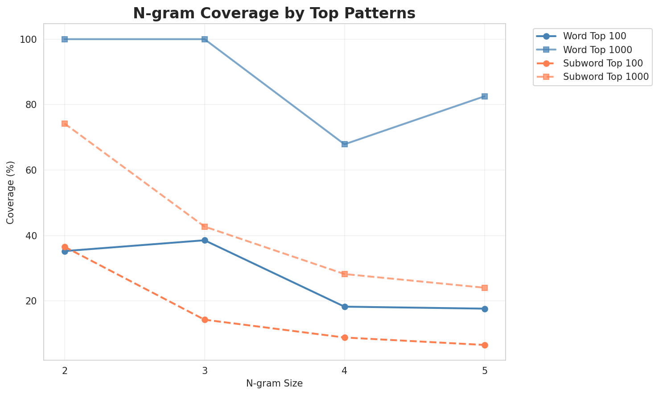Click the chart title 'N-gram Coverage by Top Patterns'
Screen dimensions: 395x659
pyautogui.click(x=274, y=13)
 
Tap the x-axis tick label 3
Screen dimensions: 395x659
pyautogui.click(x=205, y=371)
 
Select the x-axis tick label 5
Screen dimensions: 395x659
pyautogui.click(x=485, y=371)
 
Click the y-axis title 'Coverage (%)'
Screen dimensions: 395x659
pyautogui.click(x=10, y=192)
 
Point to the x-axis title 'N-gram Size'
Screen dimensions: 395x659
pyautogui.click(x=274, y=384)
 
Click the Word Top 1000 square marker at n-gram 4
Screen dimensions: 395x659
pyautogui.click(x=345, y=144)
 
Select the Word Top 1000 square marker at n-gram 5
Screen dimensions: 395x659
pyautogui.click(x=485, y=96)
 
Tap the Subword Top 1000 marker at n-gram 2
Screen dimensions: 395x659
pyautogui.click(x=65, y=124)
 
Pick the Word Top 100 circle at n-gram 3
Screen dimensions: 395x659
pyautogui.click(x=205, y=240)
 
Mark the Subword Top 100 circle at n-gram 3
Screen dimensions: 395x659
pyautogui.click(x=205, y=320)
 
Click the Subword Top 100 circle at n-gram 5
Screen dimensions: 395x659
pyautogui.click(x=485, y=345)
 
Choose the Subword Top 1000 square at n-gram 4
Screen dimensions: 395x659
pyautogui.click(x=345, y=274)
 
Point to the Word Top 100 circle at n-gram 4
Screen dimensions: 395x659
pyautogui.click(x=345, y=307)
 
